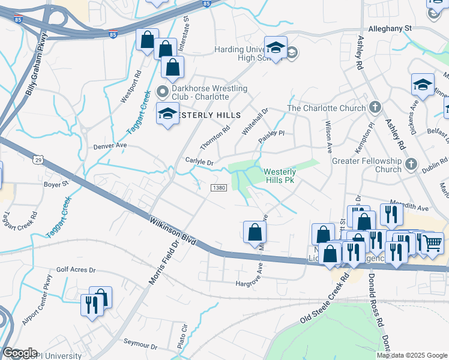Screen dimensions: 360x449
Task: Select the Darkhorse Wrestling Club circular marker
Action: [x=161, y=92]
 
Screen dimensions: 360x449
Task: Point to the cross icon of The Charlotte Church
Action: [x=375, y=108]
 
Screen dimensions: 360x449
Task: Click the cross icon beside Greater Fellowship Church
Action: [x=411, y=164]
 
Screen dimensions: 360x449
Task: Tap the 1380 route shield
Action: [x=218, y=188]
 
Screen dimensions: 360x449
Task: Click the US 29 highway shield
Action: [x=38, y=159]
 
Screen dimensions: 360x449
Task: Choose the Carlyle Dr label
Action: [x=199, y=162]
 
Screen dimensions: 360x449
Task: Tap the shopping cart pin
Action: [x=432, y=242]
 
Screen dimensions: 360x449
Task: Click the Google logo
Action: [x=20, y=353]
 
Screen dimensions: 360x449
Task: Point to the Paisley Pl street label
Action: [x=271, y=134]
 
